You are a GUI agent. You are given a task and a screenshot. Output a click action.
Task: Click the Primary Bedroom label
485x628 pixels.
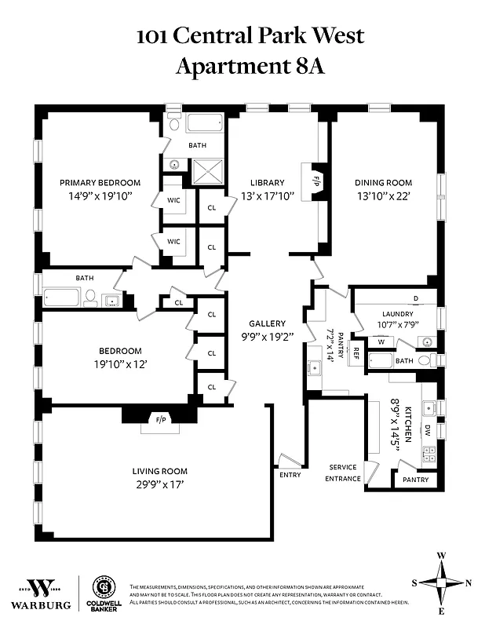(x=100, y=183)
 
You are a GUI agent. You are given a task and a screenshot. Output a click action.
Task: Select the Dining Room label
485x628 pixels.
(x=383, y=183)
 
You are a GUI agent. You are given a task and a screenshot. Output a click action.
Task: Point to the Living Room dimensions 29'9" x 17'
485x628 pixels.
(x=159, y=484)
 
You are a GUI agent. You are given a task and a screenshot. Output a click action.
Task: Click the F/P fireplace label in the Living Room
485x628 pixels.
(x=161, y=420)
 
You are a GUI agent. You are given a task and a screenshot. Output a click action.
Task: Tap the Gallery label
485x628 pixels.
(x=267, y=323)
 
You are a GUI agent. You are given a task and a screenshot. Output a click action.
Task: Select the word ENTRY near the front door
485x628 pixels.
(x=290, y=474)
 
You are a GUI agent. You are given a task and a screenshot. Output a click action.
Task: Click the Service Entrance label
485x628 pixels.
(x=344, y=473)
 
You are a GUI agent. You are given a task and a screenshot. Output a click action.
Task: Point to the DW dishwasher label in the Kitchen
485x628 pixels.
(x=428, y=430)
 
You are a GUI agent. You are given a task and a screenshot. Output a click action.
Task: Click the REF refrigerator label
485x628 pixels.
(x=356, y=352)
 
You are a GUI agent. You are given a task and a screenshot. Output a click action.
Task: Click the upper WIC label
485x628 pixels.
(x=173, y=200)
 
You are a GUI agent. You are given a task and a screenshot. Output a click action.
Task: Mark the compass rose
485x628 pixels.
(x=441, y=582)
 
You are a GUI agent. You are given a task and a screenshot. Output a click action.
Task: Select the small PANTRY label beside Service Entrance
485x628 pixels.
(x=414, y=480)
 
